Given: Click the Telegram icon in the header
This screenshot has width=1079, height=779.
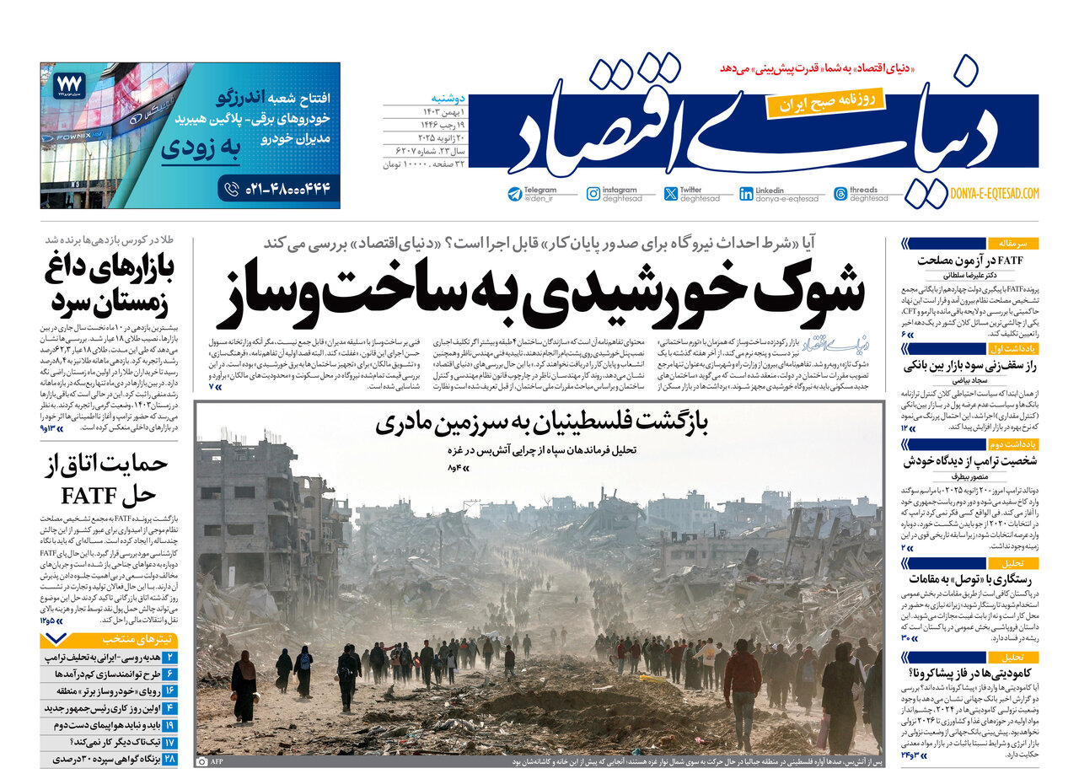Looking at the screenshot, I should click(x=515, y=194).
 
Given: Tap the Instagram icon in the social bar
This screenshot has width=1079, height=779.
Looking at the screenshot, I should click(x=593, y=194).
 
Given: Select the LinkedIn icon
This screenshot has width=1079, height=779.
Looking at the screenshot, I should click(x=746, y=194).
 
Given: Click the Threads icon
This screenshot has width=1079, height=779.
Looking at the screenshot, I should click(x=840, y=194).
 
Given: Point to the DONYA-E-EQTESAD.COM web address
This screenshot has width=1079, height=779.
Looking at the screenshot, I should click(x=994, y=194).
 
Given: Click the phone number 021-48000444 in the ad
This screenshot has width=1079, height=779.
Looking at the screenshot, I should click(x=288, y=188).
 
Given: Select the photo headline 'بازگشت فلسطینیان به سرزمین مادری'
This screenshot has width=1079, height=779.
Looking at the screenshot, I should click(x=542, y=424).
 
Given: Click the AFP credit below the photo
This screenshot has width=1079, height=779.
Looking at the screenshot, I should click(x=216, y=760).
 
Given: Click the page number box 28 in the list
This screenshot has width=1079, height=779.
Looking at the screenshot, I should click(x=169, y=759).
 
